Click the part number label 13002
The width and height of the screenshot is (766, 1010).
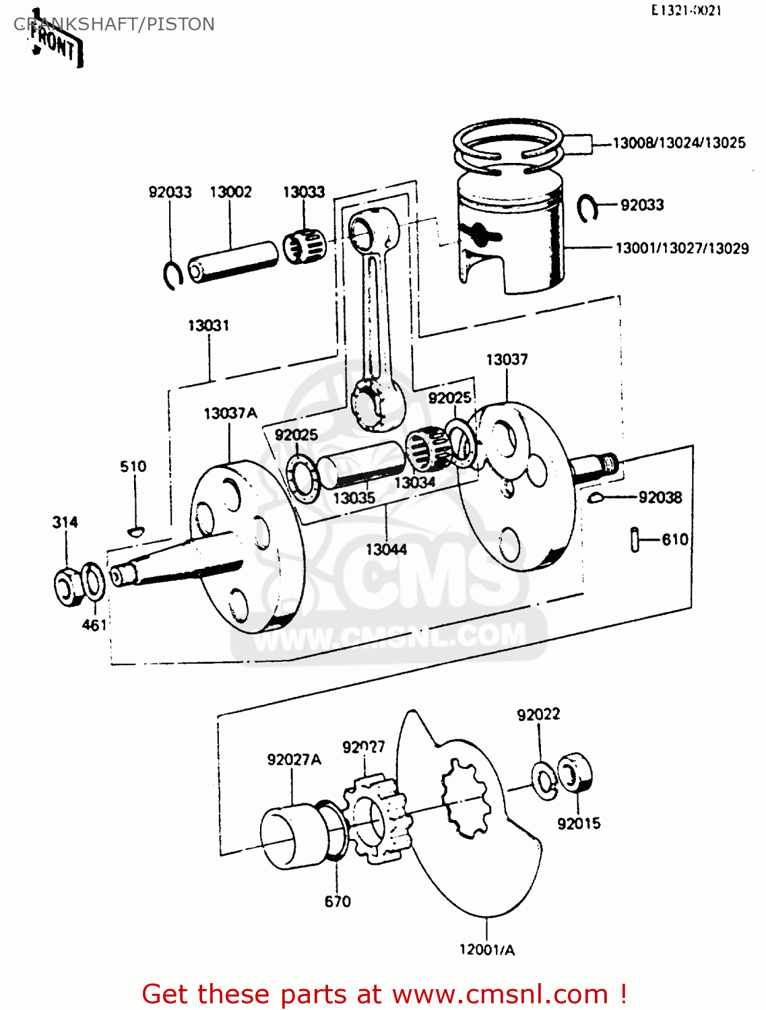(230, 192)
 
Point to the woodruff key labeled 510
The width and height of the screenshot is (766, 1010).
(135, 531)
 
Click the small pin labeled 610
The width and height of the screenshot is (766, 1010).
(635, 539)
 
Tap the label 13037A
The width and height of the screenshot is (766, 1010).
(230, 413)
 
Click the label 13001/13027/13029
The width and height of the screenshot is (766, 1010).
(682, 248)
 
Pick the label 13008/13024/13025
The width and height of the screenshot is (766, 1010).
(678, 143)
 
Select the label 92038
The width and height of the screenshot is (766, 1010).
(660, 498)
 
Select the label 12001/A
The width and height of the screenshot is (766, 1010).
(486, 950)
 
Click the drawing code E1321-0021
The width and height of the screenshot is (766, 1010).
(685, 11)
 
